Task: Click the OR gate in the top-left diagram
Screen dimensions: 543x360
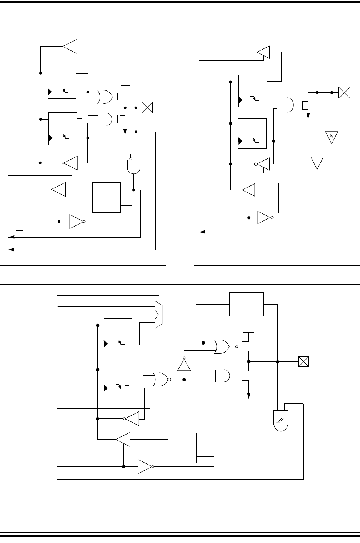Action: [105, 97]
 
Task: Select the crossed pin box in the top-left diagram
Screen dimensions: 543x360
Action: [147, 108]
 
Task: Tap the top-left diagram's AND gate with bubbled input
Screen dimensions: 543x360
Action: [133, 166]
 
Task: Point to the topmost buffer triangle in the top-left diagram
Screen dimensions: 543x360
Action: [70, 47]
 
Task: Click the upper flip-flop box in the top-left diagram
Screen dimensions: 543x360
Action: [62, 82]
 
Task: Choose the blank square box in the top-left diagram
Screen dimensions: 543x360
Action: [107, 198]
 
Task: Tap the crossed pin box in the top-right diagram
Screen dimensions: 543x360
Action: [345, 93]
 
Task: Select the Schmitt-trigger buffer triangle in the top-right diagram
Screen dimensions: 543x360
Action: [332, 137]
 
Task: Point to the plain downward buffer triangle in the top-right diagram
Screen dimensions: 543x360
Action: [317, 162]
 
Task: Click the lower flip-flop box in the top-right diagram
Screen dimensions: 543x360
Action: [253, 133]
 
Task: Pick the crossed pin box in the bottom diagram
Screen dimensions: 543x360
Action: [304, 361]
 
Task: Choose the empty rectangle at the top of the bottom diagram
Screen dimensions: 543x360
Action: [247, 304]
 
